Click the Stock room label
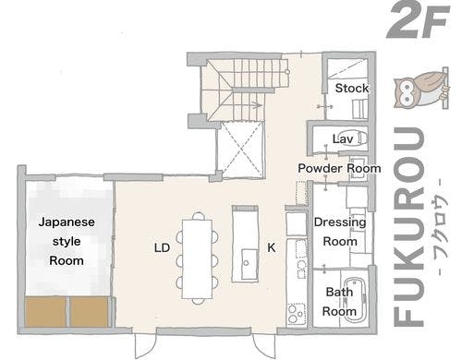pyautogui.click(x=351, y=89)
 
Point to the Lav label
pyautogui.click(x=344, y=139)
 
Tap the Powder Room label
pyautogui.click(x=339, y=169)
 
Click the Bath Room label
pyautogui.click(x=340, y=302)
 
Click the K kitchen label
pyautogui.click(x=271, y=247)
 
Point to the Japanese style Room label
pyautogui.click(x=61, y=241)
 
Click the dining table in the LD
pyautogui.click(x=197, y=256)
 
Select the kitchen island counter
pyautogui.click(x=246, y=242)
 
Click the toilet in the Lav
pyautogui.click(x=359, y=139)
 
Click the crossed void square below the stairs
pyautogui.click(x=239, y=150)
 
